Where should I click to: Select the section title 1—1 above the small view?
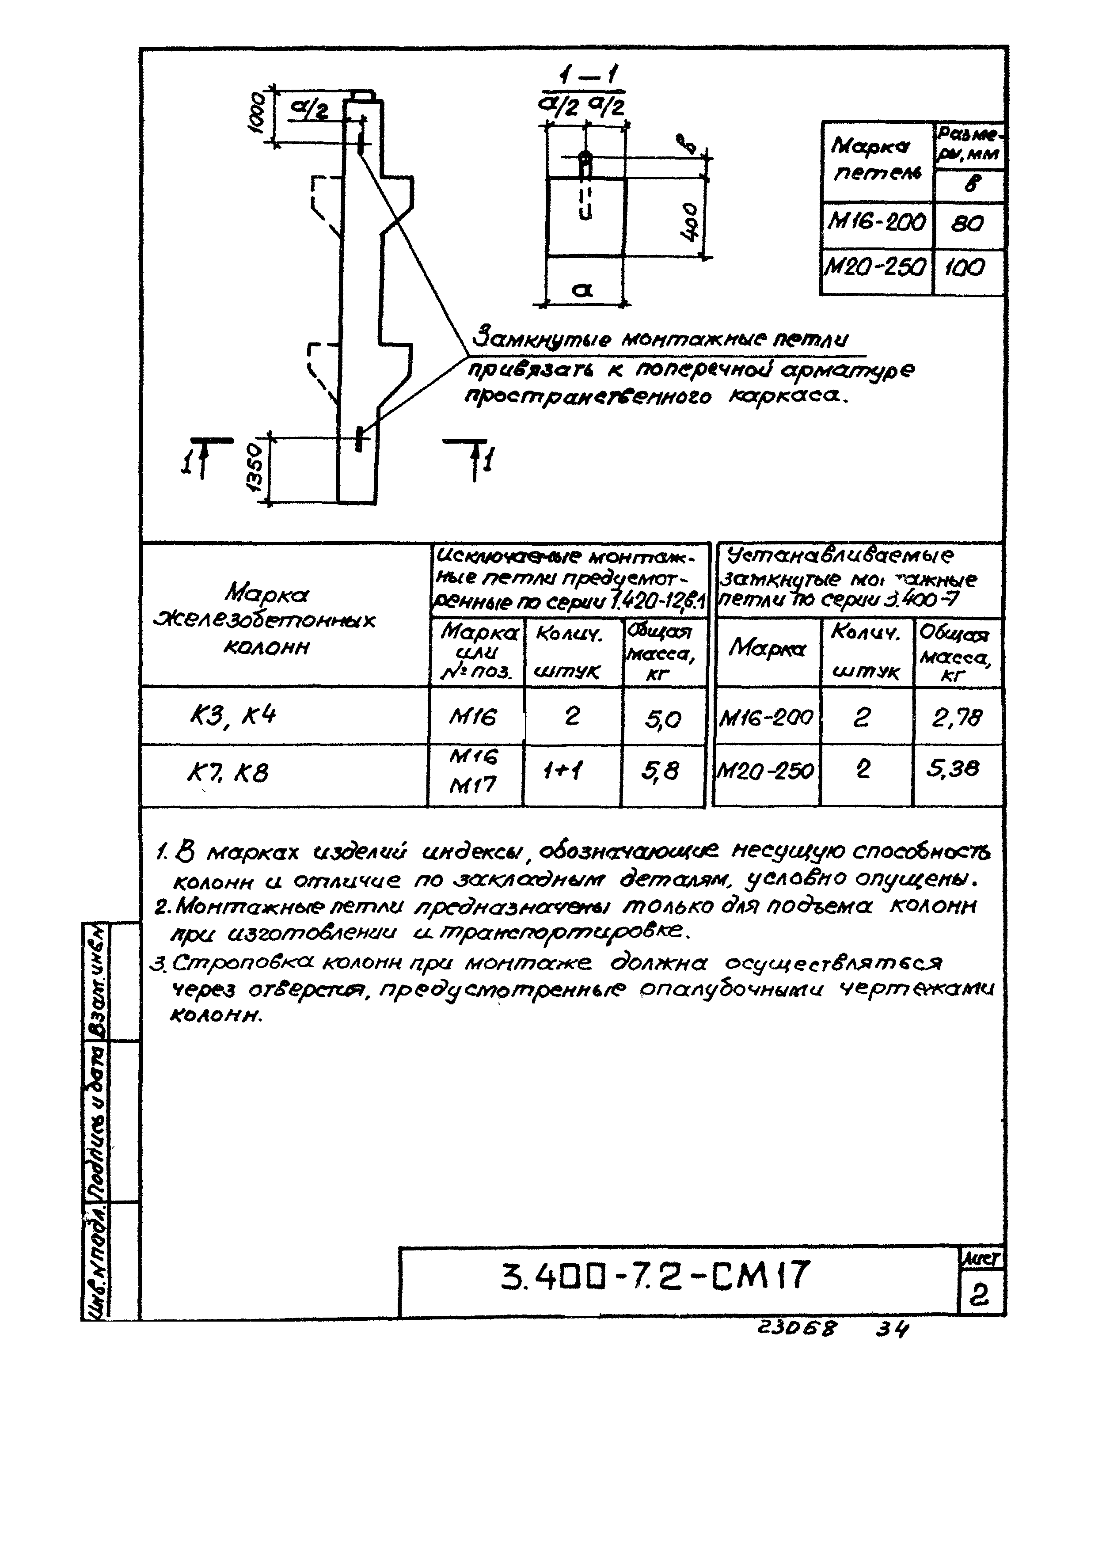point(584,76)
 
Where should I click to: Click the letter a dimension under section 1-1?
point(582,291)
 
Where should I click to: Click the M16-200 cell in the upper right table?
point(877,222)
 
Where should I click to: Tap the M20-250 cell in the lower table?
point(766,771)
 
